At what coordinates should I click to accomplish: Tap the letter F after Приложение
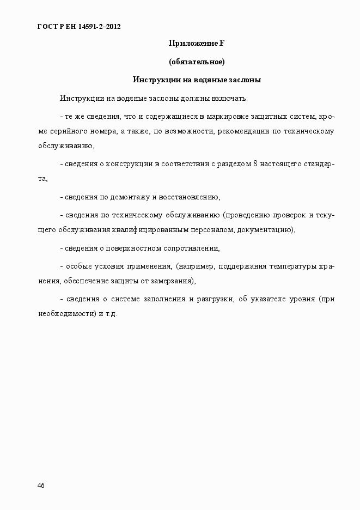click(x=222, y=43)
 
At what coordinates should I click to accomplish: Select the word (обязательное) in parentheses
click(x=197, y=62)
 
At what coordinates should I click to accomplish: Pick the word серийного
click(x=69, y=131)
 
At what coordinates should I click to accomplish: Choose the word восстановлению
click(x=192, y=197)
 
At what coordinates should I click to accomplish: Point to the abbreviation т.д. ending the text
click(x=111, y=314)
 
